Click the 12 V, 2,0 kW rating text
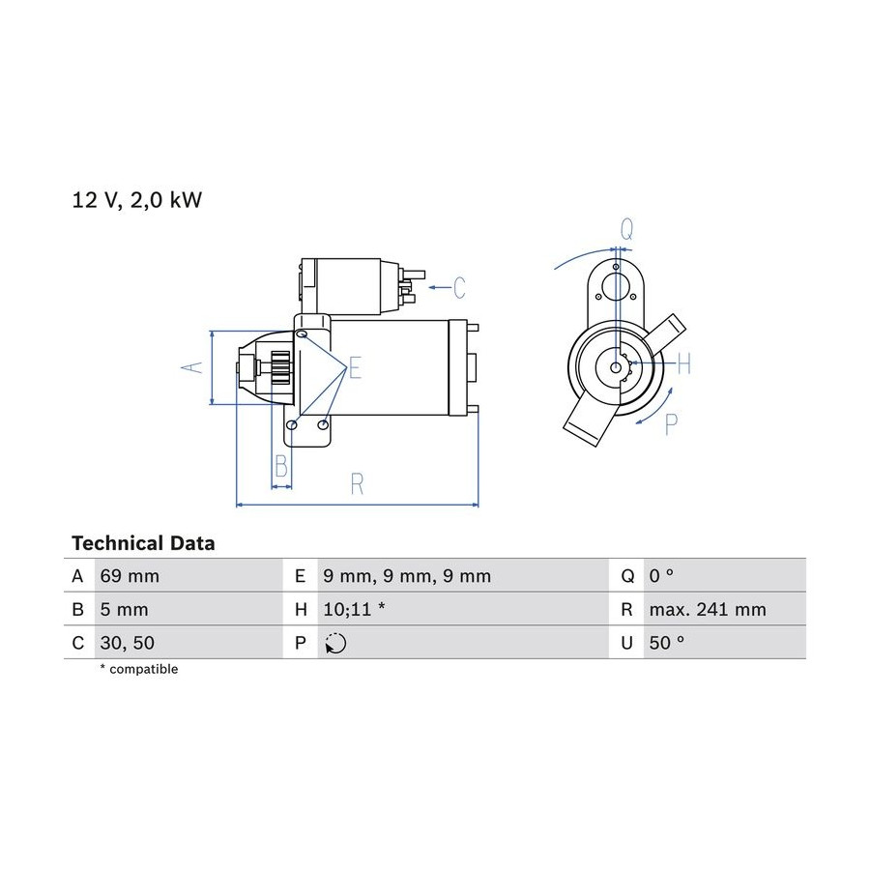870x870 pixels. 137,200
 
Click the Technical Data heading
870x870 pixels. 143,543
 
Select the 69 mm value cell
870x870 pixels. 130,576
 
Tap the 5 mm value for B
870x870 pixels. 124,610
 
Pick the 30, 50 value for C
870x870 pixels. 127,643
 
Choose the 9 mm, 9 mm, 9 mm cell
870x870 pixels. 407,576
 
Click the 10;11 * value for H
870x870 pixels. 354,610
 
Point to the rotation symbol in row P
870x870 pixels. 335,643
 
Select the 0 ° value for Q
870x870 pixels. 661,576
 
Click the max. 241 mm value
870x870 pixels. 708,610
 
